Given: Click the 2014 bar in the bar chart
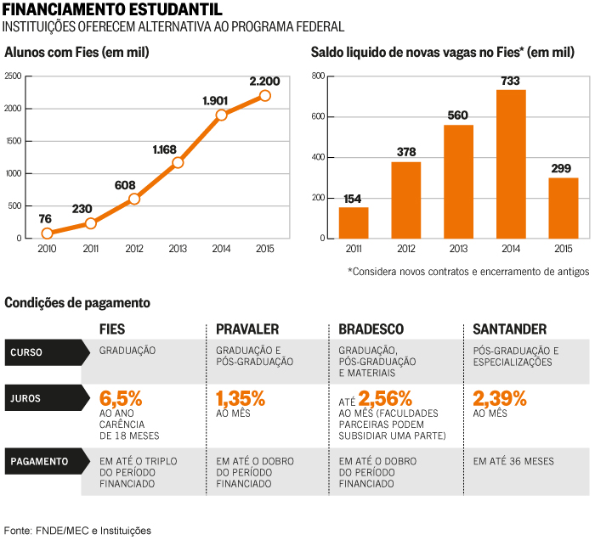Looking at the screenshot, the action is (511, 164).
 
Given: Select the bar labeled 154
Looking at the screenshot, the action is (354, 222).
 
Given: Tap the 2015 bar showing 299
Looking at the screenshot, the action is (564, 208).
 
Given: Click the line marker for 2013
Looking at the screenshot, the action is (178, 162).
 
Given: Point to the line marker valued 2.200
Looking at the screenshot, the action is (265, 95).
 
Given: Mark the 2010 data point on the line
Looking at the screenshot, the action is (47, 233).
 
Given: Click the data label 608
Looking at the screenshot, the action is (125, 185).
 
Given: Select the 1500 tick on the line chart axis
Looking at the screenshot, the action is (14, 141).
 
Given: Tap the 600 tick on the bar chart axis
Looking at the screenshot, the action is (319, 116).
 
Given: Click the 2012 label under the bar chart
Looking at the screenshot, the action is (406, 249).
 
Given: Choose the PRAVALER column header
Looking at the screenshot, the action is (247, 329).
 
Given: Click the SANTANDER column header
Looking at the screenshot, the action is (510, 329).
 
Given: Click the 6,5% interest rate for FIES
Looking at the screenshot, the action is (121, 398).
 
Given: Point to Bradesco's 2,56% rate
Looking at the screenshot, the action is (385, 398).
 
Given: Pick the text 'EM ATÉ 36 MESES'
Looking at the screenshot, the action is (513, 461).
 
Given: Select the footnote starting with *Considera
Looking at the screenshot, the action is (468, 272).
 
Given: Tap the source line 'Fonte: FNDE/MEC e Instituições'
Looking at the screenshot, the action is (77, 531).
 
